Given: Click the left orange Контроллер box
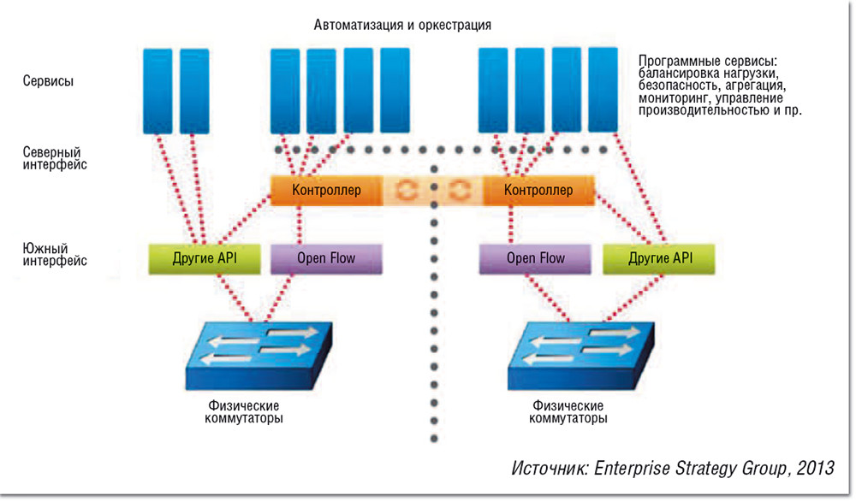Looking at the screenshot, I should pyautogui.click(x=326, y=190).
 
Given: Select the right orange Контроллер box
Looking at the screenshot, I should pyautogui.click(x=538, y=190).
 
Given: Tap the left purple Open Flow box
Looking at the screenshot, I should pyautogui.click(x=325, y=258).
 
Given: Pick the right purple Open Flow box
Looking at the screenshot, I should pyautogui.click(x=535, y=258).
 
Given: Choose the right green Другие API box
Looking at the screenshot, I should pyautogui.click(x=660, y=258).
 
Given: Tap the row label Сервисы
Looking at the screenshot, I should pyautogui.click(x=48, y=82).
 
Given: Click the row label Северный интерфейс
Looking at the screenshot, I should pyautogui.click(x=55, y=157).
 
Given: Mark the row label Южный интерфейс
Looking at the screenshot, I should pyautogui.click(x=55, y=255).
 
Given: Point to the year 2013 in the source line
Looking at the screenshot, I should pyautogui.click(x=815, y=469).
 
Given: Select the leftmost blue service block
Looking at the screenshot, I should pyautogui.click(x=157, y=90).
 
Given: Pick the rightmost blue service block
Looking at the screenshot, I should pyautogui.click(x=603, y=90).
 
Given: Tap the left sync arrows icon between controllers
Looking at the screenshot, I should pyautogui.click(x=407, y=190).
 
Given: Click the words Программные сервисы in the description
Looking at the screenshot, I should pyautogui.click(x=707, y=62).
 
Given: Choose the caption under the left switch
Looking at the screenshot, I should pyautogui.click(x=245, y=411).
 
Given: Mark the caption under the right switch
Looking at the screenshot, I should pyautogui.click(x=569, y=411).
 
